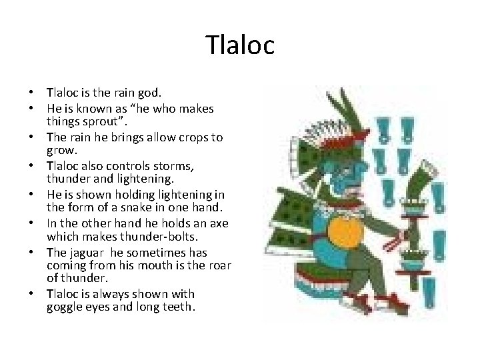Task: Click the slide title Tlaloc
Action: (240, 45)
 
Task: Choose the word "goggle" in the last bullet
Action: (65, 308)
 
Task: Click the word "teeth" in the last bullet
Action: (175, 308)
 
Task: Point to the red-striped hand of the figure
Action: (402, 235)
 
